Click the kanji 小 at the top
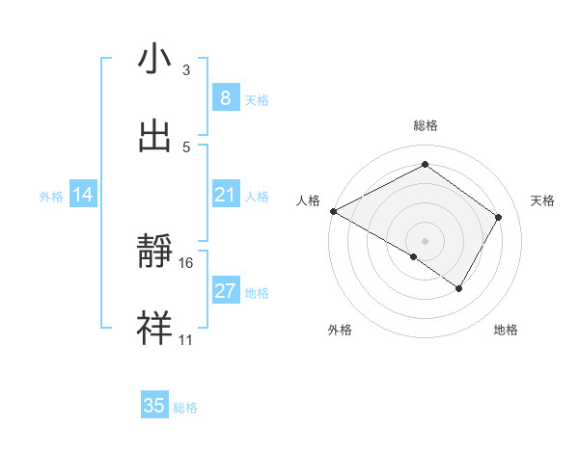[x=154, y=59]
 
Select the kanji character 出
[x=154, y=136]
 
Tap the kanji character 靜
[x=154, y=253]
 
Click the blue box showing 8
[x=225, y=98]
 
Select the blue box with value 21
[x=225, y=195]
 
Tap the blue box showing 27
[x=225, y=291]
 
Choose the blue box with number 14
[x=83, y=195]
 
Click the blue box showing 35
[x=154, y=406]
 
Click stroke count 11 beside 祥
[x=186, y=340]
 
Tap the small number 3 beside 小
[x=186, y=69]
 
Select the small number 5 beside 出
[x=186, y=147]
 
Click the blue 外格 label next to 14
[x=51, y=196]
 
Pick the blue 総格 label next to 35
[x=185, y=408]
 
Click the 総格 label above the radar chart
[x=425, y=125]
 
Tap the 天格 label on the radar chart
[x=543, y=200]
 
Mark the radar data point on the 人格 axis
[x=333, y=211]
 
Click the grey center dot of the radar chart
[x=425, y=240]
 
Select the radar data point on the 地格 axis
[x=459, y=288]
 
